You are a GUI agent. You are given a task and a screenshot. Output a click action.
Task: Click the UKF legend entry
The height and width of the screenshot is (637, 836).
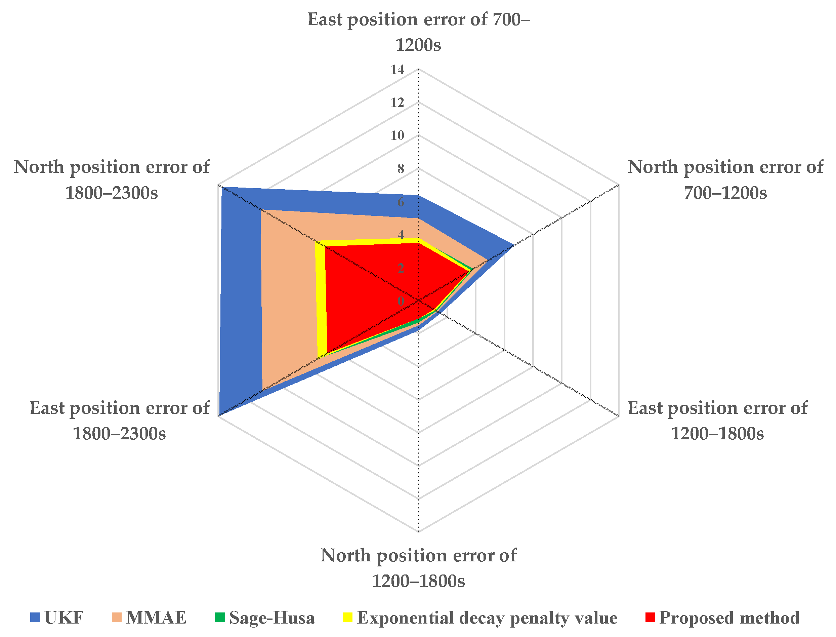(x=57, y=618)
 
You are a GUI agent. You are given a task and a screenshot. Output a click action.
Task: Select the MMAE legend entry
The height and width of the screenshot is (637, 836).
(x=149, y=618)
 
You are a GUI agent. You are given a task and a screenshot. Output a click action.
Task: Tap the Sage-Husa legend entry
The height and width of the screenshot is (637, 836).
(x=264, y=618)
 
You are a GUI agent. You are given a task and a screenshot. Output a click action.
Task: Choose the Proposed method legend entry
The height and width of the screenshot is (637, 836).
(x=722, y=618)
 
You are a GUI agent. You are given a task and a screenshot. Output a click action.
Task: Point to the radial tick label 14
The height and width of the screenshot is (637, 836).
(x=398, y=70)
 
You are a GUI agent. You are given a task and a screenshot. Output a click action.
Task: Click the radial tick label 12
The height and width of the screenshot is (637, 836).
(x=398, y=103)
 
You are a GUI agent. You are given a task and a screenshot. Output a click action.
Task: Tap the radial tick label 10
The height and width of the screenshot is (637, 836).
(x=398, y=136)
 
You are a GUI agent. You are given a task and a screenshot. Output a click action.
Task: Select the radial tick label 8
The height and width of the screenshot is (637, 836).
(x=401, y=169)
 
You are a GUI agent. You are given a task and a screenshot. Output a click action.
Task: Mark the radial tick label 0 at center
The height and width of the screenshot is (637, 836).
(x=401, y=301)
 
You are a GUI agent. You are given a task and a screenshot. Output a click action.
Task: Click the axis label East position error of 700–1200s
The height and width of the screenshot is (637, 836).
(x=418, y=32)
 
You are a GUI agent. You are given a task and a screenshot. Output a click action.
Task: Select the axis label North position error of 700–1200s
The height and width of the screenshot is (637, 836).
(x=725, y=180)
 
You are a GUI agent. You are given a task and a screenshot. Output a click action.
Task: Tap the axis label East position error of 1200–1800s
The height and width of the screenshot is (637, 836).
(x=717, y=421)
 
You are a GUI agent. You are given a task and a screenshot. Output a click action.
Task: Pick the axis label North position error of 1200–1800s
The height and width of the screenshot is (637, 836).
(x=418, y=568)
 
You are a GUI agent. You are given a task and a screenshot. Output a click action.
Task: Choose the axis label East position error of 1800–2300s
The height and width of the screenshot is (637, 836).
(x=119, y=421)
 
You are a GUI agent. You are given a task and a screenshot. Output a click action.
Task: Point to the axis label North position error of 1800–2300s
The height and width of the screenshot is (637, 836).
(x=112, y=180)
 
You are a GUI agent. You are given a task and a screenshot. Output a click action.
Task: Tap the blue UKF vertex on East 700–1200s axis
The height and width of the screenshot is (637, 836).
(x=418, y=196)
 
